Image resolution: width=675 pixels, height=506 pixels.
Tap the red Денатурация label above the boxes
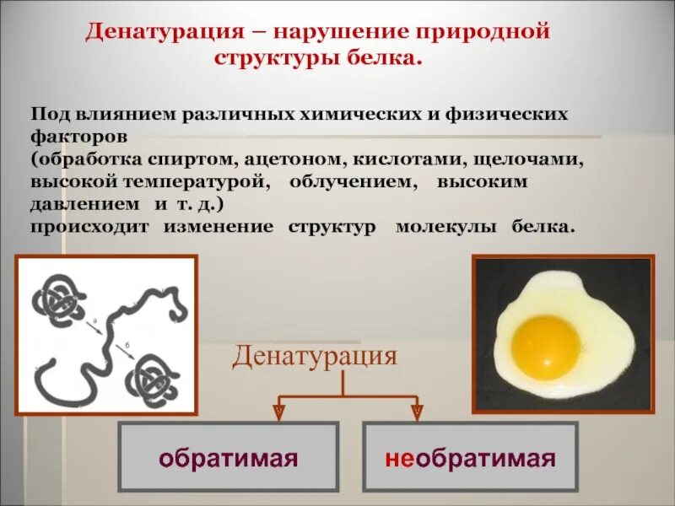(314, 355)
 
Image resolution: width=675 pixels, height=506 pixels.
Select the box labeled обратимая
(229, 458)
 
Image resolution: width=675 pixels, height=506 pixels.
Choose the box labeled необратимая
(470, 458)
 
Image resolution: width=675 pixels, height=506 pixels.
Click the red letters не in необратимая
(399, 459)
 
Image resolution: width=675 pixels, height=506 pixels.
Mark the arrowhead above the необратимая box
(417, 411)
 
